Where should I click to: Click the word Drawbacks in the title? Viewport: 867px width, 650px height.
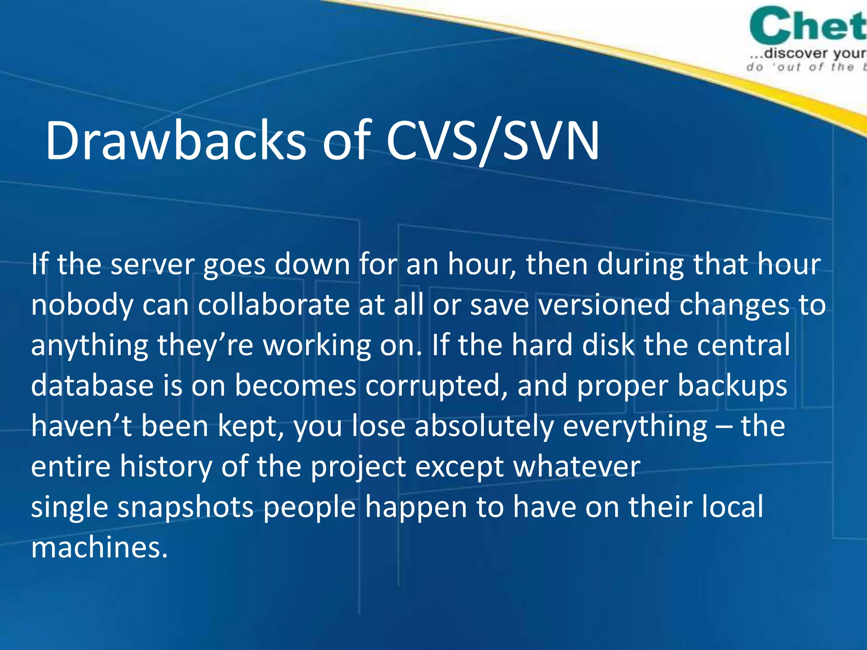(175, 140)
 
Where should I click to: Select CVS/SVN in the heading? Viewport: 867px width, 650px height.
(492, 140)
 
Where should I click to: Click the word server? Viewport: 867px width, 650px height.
(152, 264)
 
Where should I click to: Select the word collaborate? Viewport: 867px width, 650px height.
(274, 305)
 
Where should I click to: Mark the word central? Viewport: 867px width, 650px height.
(743, 344)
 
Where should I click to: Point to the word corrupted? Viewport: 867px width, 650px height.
(436, 386)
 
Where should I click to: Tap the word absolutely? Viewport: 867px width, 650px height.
(484, 427)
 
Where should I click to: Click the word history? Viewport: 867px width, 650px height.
(166, 467)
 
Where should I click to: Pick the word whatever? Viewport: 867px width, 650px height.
(577, 467)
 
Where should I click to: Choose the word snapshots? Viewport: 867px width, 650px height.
(185, 507)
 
